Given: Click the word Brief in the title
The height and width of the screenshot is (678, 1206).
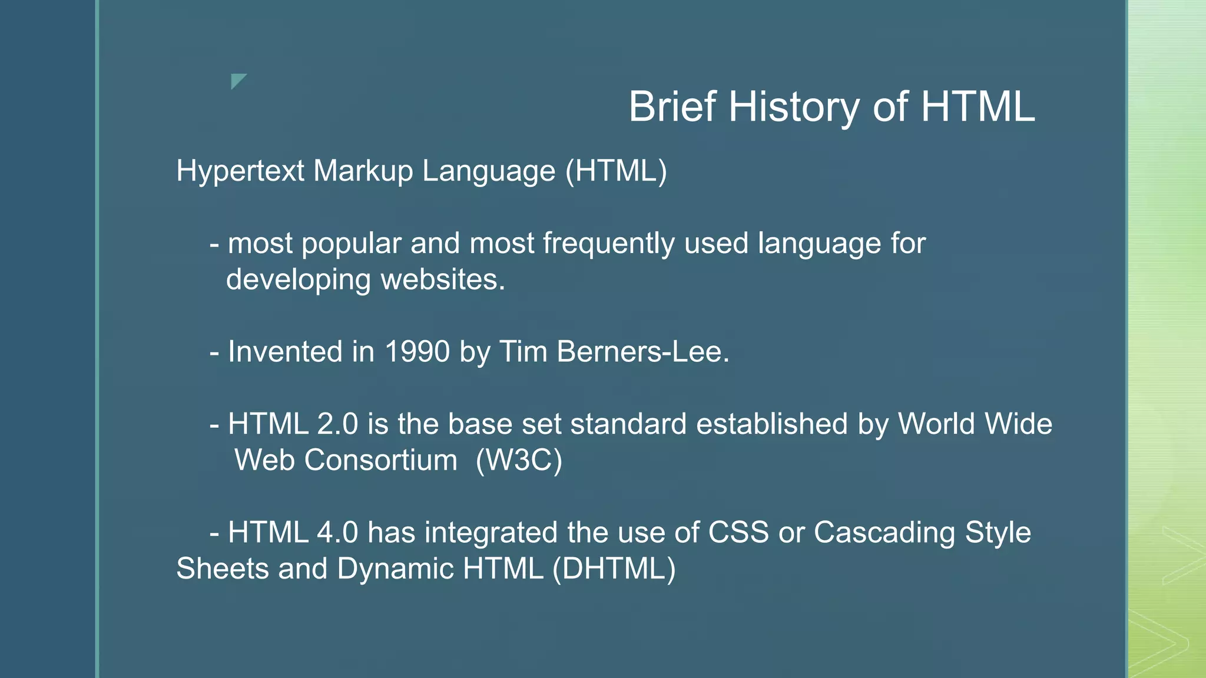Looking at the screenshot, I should pyautogui.click(x=672, y=107).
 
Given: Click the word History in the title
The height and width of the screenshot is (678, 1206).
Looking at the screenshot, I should pyautogui.click(x=794, y=107).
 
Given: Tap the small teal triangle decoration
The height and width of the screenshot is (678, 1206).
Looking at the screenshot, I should pyautogui.click(x=237, y=80).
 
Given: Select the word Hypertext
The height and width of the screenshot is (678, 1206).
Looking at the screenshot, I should pyautogui.click(x=240, y=171).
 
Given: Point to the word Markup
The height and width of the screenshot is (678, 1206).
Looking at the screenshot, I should pyautogui.click(x=363, y=171).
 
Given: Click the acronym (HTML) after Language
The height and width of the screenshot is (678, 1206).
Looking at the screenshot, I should pyautogui.click(x=616, y=171).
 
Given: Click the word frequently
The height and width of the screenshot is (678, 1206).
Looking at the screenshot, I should pyautogui.click(x=608, y=244).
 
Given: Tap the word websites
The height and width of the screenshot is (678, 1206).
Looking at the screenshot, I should pyautogui.click(x=443, y=280).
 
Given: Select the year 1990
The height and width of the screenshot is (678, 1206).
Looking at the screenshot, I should pyautogui.click(x=417, y=352).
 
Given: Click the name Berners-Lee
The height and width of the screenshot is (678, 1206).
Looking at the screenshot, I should pyautogui.click(x=642, y=352).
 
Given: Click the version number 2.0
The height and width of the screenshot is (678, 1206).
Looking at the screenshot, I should pyautogui.click(x=337, y=424).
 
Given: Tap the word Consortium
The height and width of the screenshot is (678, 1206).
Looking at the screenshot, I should pyautogui.click(x=380, y=460).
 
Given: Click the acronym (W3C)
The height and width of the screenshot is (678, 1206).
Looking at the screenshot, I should pyautogui.click(x=519, y=460).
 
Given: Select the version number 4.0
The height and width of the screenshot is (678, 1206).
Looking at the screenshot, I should pyautogui.click(x=337, y=533).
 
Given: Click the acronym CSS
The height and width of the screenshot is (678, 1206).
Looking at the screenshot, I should pyautogui.click(x=738, y=533).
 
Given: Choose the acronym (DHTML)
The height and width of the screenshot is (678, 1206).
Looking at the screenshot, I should pyautogui.click(x=614, y=569).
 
